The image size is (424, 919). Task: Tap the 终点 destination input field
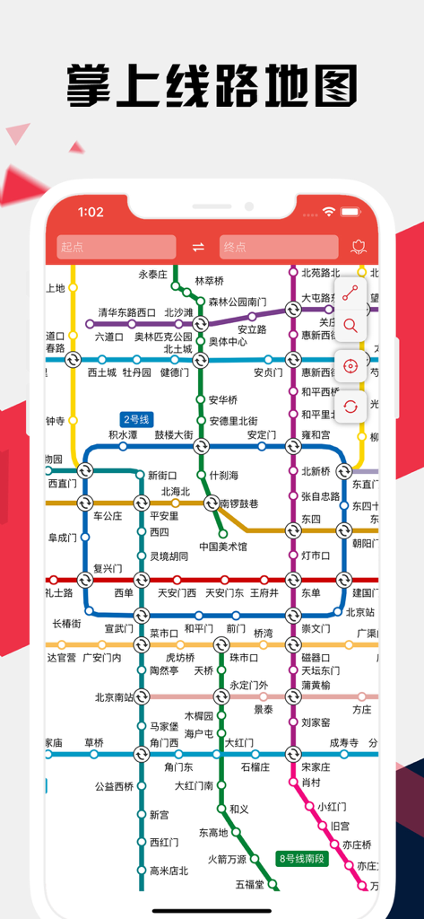tap(279, 247)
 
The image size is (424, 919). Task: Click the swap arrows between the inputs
tap(198, 247)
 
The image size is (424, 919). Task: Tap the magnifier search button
tap(350, 326)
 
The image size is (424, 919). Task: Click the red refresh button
tap(350, 407)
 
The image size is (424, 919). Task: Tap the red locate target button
tap(350, 366)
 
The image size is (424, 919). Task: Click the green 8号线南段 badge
tap(302, 858)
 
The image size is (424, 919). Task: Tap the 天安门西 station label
tap(177, 592)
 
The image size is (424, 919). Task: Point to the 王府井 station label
tap(264, 592)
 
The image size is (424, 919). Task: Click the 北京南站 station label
tap(114, 696)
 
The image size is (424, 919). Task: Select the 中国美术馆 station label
tap(223, 546)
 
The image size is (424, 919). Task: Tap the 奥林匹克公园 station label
tap(164, 337)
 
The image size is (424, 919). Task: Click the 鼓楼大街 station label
tap(174, 434)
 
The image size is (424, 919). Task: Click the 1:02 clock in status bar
tap(91, 213)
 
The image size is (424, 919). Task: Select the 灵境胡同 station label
tap(169, 556)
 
